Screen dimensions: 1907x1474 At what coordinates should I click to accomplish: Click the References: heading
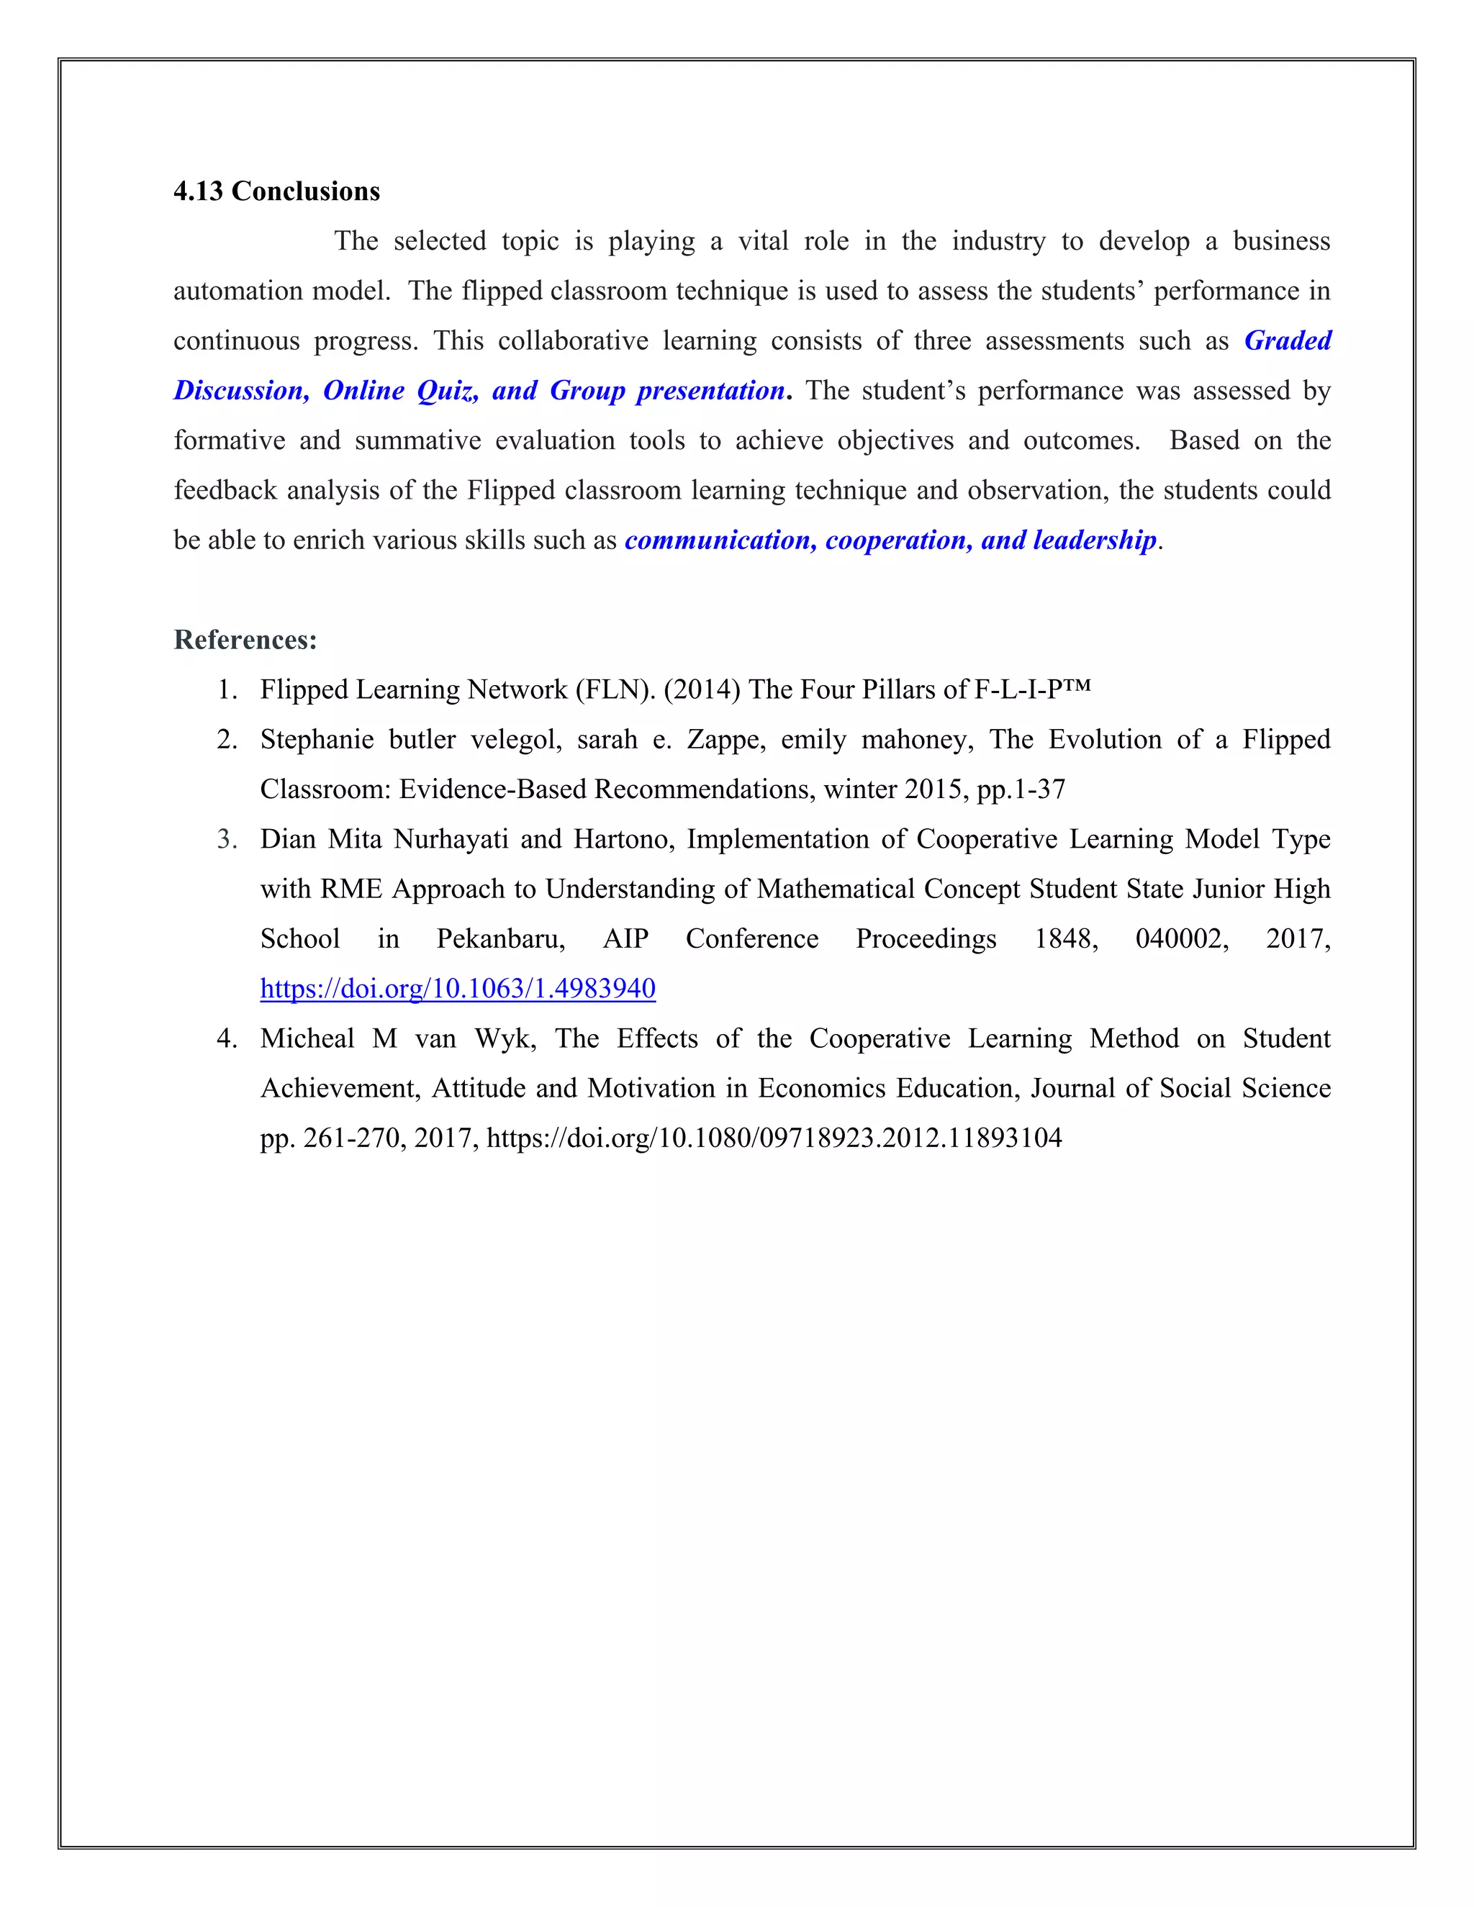pyautogui.click(x=245, y=640)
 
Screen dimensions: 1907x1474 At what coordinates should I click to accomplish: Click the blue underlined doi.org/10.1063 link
pyautogui.click(x=458, y=989)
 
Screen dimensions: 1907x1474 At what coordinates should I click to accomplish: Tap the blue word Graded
pyautogui.click(x=1287, y=340)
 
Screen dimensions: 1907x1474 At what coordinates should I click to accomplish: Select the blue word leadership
pyautogui.click(x=1094, y=540)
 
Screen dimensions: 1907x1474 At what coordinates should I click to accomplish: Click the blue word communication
pyautogui.click(x=720, y=540)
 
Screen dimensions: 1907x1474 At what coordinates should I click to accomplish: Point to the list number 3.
pyautogui.click(x=227, y=839)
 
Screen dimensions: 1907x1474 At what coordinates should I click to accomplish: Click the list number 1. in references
pyautogui.click(x=227, y=690)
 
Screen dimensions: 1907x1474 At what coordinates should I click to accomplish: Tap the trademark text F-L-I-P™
pyautogui.click(x=1032, y=690)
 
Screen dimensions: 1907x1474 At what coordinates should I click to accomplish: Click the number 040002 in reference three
pyautogui.click(x=1182, y=938)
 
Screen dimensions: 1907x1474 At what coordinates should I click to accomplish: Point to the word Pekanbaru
pyautogui.click(x=500, y=938)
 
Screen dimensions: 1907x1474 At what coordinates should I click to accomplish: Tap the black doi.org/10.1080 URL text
pyautogui.click(x=774, y=1138)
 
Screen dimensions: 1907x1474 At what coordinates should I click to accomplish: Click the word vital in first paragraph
pyautogui.click(x=763, y=241)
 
